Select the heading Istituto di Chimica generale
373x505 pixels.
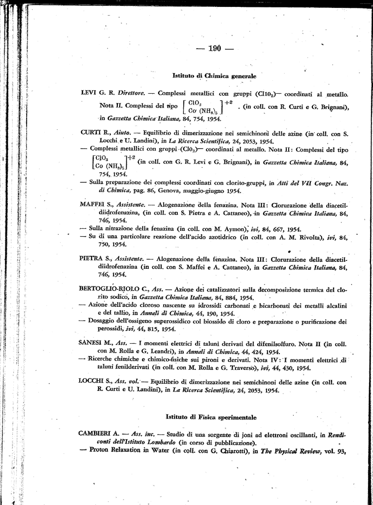point(214,76)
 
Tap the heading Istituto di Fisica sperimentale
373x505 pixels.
point(211,417)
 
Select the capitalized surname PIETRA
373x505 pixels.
point(90,258)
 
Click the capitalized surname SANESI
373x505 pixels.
point(90,343)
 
